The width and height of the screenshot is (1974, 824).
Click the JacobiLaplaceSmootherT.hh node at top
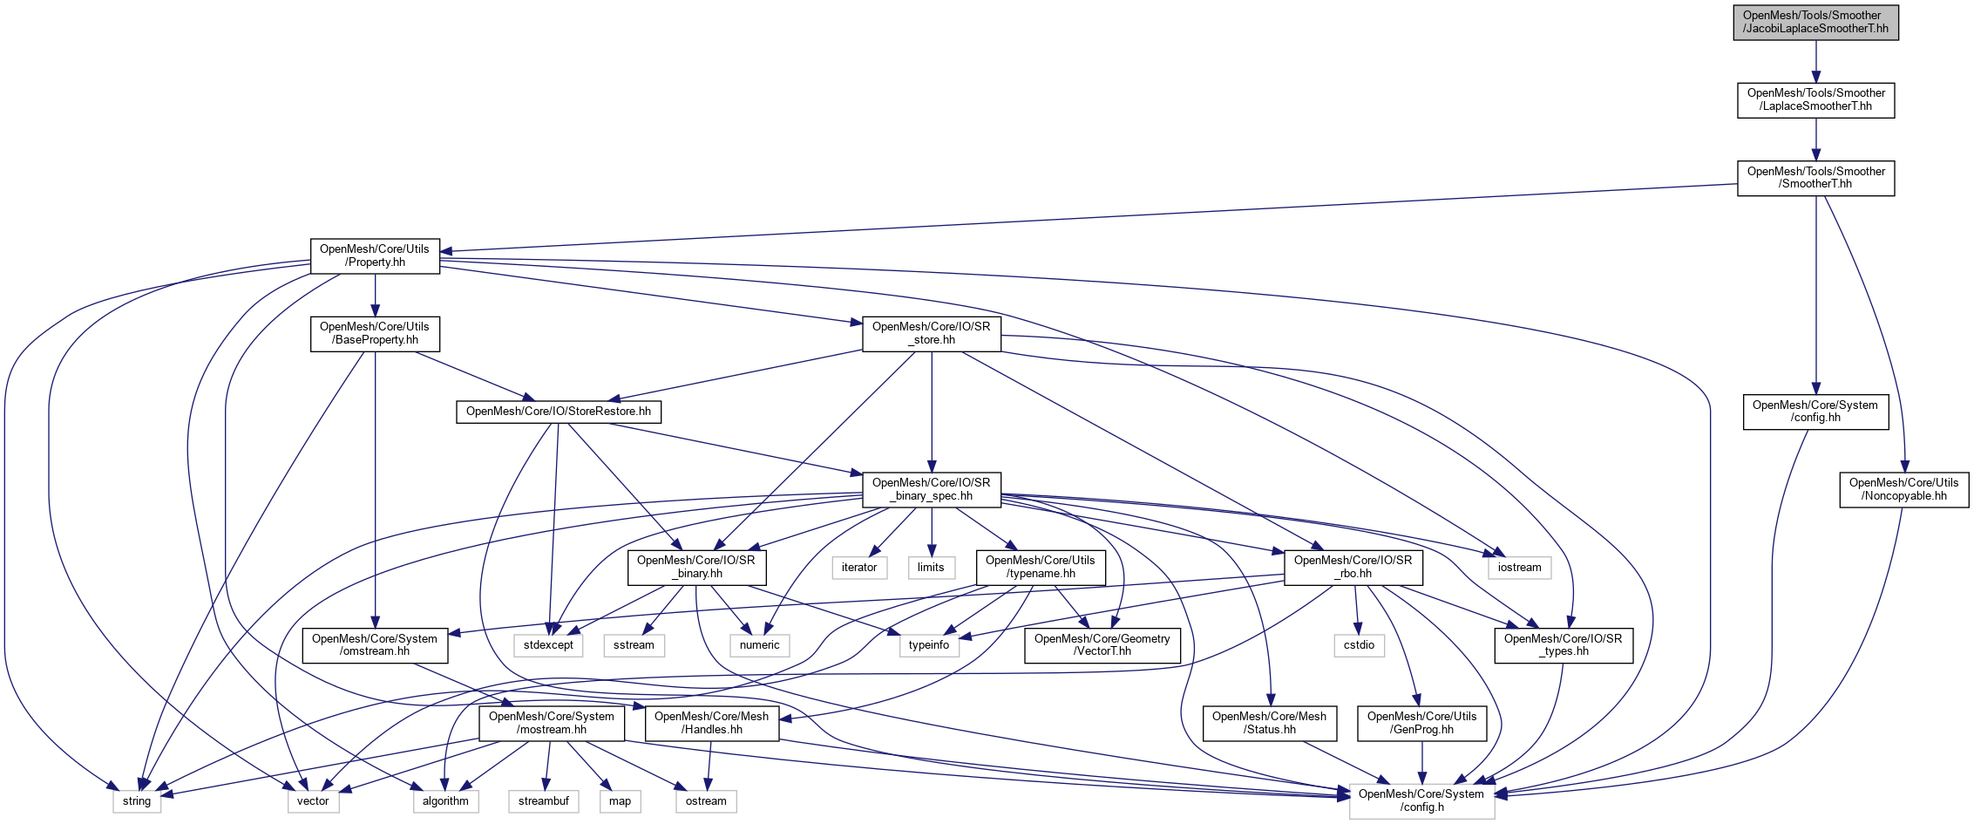tap(1815, 23)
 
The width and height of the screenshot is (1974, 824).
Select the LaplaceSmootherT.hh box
tap(1815, 100)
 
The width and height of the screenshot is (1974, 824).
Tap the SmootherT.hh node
tap(1815, 178)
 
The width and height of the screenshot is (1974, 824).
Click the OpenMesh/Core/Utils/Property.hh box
tap(375, 255)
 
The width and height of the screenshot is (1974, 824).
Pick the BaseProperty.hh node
tap(375, 334)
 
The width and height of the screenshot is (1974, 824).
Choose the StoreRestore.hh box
tap(558, 412)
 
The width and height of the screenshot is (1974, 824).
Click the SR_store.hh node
tap(931, 334)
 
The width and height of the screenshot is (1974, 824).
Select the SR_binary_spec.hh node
tap(931, 490)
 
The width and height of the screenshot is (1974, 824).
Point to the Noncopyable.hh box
tap(1903, 490)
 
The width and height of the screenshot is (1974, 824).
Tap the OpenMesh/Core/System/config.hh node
tap(1815, 412)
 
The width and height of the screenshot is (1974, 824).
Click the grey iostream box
tap(1519, 568)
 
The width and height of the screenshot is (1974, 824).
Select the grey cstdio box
tap(1359, 645)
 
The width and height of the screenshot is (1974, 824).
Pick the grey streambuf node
tap(543, 801)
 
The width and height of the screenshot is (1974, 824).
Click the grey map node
tap(620, 801)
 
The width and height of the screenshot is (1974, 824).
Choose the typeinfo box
tap(928, 645)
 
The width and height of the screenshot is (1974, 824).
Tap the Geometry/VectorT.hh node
tap(1102, 645)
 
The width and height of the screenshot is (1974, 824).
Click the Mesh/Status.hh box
tap(1269, 724)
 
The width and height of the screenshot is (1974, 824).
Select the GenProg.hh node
tap(1421, 724)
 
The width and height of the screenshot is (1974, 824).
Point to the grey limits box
tap(931, 568)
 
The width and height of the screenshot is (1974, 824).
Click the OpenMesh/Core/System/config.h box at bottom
tap(1421, 801)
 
